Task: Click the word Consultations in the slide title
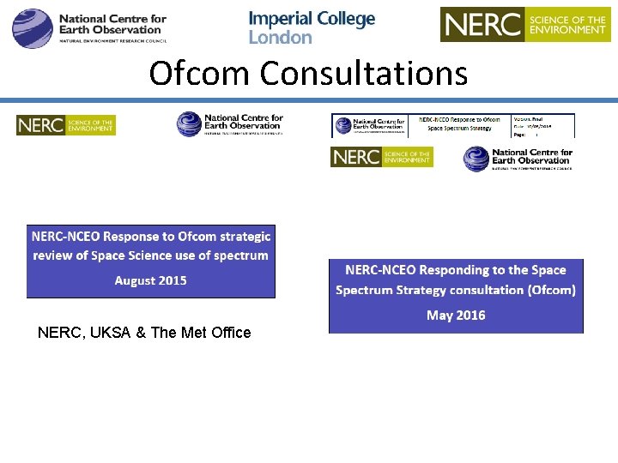coord(364,74)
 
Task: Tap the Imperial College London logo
coord(312,27)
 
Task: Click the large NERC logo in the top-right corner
coord(524,24)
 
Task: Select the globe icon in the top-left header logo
coord(33,27)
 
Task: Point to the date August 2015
coord(150,280)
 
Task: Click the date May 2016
coord(456,316)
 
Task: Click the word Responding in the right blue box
coord(453,270)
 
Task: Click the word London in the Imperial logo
coord(281,38)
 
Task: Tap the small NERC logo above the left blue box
coord(65,125)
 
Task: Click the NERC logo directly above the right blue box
coord(381,157)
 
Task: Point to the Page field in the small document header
coord(524,134)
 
